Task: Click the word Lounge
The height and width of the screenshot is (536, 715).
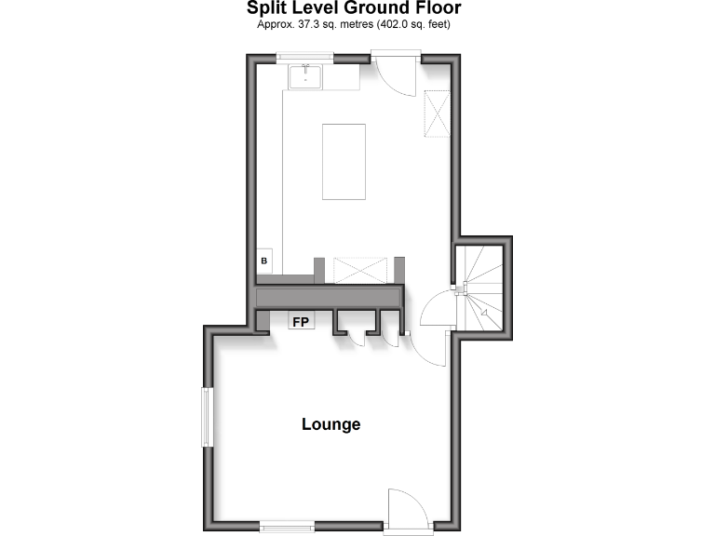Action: point(331,424)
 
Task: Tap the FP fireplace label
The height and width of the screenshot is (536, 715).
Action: point(301,322)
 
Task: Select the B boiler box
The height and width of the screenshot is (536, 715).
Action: point(264,261)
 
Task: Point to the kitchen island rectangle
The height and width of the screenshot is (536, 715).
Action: point(344,161)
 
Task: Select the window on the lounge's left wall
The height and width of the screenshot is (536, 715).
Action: point(208,418)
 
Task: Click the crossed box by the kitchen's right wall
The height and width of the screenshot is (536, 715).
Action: point(436,113)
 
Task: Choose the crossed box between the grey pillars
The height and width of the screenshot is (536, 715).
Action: point(359,270)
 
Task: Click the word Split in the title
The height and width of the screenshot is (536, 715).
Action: point(265,8)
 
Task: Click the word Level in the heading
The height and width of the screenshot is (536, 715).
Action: point(314,8)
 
